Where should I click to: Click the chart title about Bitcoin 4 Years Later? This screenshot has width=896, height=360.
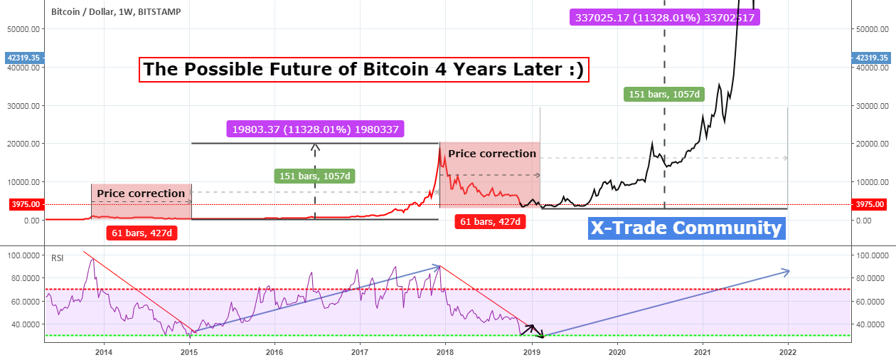[363, 70]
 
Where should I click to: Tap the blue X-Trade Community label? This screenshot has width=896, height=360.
[686, 228]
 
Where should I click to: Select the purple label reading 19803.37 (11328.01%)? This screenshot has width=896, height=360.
[316, 129]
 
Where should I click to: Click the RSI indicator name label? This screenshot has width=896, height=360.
[58, 258]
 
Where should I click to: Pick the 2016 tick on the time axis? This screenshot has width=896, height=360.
[274, 351]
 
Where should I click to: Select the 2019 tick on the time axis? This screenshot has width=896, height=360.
[531, 351]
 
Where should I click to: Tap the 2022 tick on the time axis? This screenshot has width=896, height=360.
[787, 351]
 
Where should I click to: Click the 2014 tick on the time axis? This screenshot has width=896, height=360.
[104, 351]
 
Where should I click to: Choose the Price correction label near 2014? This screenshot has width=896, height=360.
[141, 193]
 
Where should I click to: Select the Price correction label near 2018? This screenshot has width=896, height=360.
[492, 154]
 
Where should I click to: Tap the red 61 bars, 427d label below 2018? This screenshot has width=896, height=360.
[490, 222]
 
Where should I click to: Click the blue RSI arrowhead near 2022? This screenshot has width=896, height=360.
[785, 270]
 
